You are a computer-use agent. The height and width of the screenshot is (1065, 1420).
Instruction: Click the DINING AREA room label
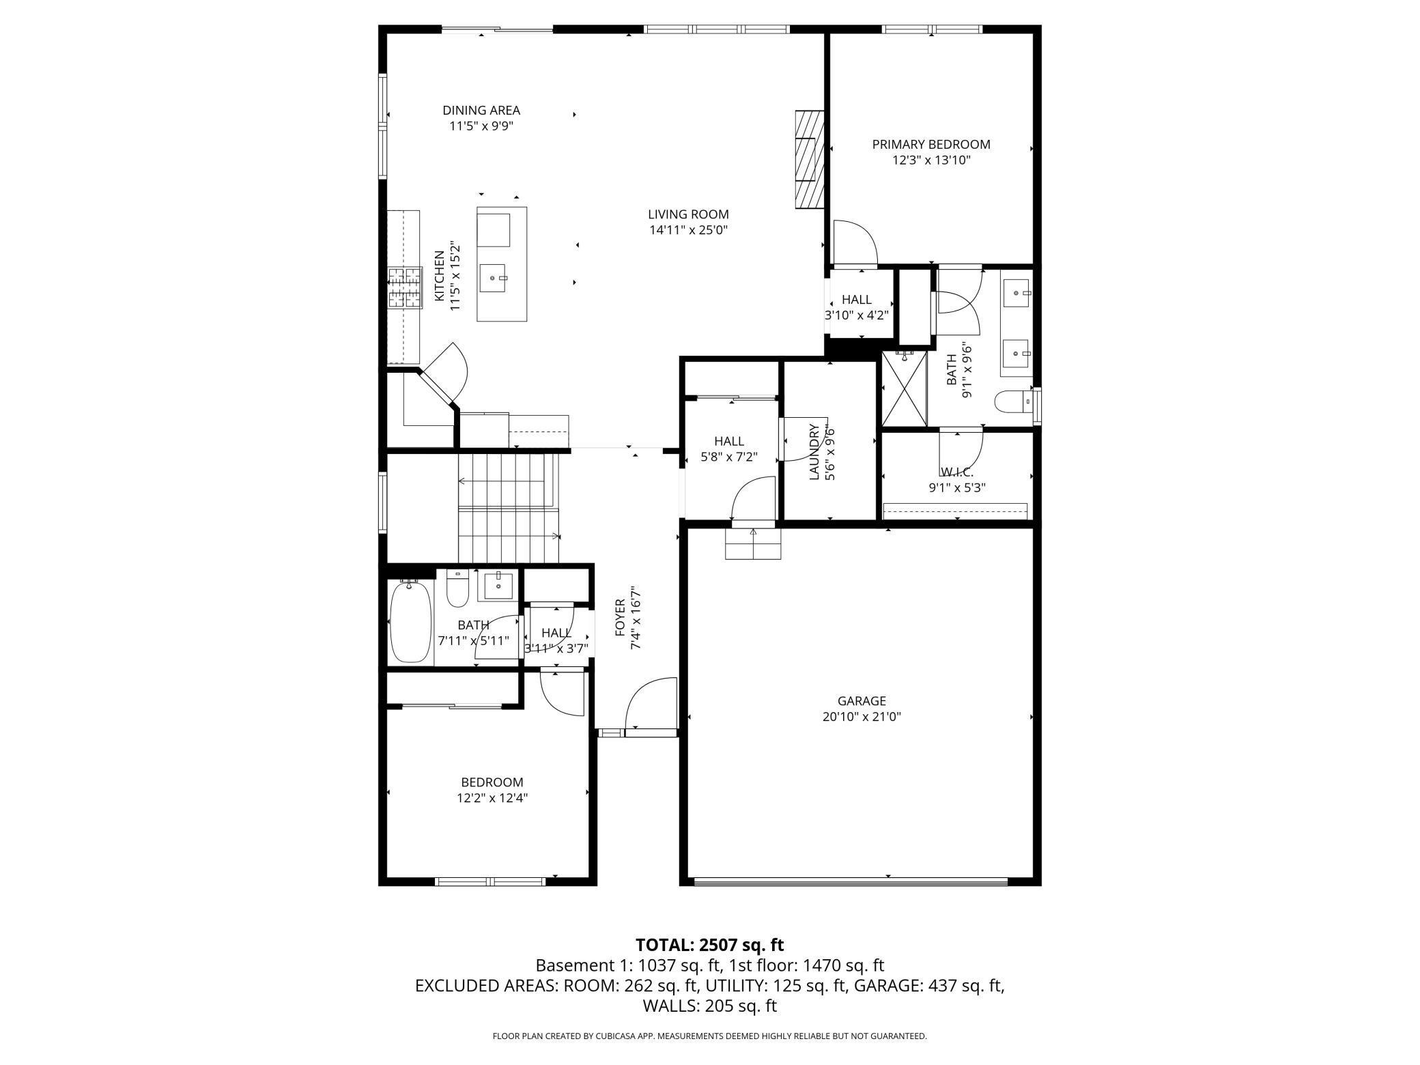481,110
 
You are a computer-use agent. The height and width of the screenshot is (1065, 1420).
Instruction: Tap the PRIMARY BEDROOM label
931,144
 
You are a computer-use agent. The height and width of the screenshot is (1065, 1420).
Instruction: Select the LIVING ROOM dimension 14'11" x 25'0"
688,230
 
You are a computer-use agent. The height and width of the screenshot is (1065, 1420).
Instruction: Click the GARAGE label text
862,700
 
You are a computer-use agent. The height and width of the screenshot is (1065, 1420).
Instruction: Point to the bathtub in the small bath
411,621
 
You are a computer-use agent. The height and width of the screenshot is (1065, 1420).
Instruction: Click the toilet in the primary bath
1013,402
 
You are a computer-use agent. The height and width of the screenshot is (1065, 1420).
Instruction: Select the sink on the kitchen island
494,279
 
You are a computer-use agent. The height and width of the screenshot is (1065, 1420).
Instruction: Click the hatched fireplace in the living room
809,158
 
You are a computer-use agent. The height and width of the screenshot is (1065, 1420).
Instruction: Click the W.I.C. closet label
956,472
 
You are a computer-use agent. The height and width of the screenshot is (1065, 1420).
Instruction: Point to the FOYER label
620,617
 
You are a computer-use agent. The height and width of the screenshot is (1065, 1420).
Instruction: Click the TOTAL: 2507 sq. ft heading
709,945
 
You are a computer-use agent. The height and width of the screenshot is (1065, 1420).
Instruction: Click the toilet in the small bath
457,588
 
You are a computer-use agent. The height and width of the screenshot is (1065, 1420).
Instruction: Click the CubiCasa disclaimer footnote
710,1036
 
